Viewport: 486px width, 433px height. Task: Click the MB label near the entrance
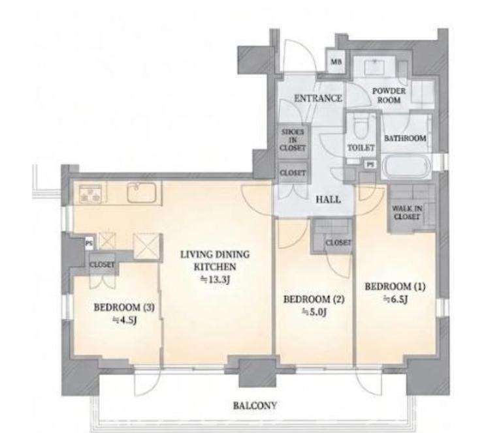pyautogui.click(x=336, y=61)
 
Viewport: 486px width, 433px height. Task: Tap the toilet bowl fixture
pyautogui.click(x=360, y=127)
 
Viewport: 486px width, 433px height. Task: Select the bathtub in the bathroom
pyautogui.click(x=406, y=166)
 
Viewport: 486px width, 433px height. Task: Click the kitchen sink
pyautogui.click(x=141, y=192)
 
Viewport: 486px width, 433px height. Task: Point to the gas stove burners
pyautogui.click(x=90, y=194)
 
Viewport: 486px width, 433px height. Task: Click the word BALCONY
pyautogui.click(x=255, y=405)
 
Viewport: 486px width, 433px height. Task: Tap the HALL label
pyautogui.click(x=328, y=200)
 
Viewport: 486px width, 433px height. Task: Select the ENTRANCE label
pyautogui.click(x=318, y=98)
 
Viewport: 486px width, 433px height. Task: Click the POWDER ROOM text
pyautogui.click(x=389, y=95)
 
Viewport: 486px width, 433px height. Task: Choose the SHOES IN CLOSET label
pyautogui.click(x=293, y=140)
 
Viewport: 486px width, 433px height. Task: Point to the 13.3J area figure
pyautogui.click(x=215, y=280)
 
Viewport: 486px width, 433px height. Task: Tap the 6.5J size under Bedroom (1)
pyautogui.click(x=395, y=299)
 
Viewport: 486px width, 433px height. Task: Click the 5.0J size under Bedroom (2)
pyautogui.click(x=314, y=312)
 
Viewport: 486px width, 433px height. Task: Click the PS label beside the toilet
pyautogui.click(x=370, y=165)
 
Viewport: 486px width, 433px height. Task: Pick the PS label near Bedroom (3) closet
pyautogui.click(x=89, y=244)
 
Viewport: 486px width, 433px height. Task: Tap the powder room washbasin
pyautogui.click(x=374, y=67)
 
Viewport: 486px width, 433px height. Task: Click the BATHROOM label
pyautogui.click(x=405, y=138)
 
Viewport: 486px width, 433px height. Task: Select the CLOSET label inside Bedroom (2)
pyautogui.click(x=338, y=243)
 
